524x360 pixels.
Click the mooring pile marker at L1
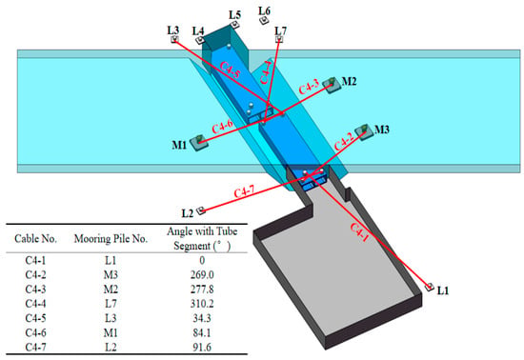430,287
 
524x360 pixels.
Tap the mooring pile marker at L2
201,210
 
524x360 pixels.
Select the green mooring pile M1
199,142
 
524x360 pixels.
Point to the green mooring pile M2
332,85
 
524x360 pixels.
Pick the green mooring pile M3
364,131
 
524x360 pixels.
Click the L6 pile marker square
264,21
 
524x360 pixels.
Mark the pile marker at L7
279,39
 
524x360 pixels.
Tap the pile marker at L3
174,39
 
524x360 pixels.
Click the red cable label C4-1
360,232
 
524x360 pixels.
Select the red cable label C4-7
244,192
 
